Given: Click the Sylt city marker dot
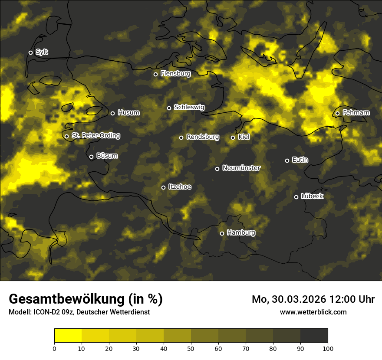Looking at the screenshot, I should [x=30, y=53].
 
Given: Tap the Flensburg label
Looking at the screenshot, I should [x=175, y=74].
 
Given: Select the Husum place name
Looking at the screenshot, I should [x=128, y=113].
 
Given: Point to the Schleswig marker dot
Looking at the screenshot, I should [x=169, y=108].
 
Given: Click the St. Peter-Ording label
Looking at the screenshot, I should [x=95, y=136].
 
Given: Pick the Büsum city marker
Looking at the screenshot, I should [x=91, y=157].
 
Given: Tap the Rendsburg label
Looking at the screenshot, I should [x=202, y=137].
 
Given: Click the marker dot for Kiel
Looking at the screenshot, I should [x=233, y=137].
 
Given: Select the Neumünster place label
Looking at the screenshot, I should [x=241, y=168].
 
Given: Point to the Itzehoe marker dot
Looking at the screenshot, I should [x=164, y=187].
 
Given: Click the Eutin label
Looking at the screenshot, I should [x=300, y=160].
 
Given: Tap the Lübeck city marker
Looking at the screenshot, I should [x=296, y=197].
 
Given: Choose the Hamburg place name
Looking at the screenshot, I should [x=241, y=233].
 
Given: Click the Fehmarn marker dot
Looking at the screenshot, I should [x=338, y=114].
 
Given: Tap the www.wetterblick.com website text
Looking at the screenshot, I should [x=313, y=312].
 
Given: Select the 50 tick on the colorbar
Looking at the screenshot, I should [x=191, y=348].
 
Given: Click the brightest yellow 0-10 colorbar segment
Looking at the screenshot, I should [x=68, y=335].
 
